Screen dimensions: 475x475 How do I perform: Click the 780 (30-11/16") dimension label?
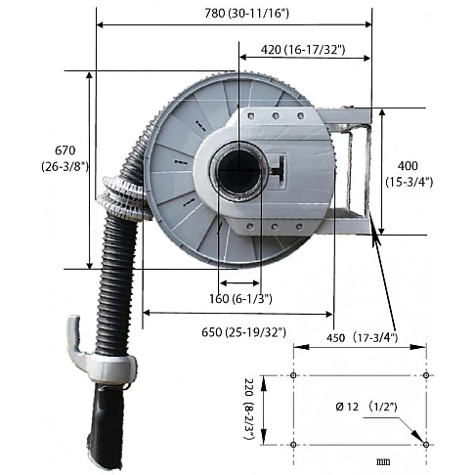click(246, 14)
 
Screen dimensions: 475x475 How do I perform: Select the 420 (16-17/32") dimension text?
click(303, 50)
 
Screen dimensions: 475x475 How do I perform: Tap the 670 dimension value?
click(65, 151)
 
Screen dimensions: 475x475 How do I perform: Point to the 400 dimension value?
click(408, 166)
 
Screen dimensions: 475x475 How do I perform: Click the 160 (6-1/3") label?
click(240, 298)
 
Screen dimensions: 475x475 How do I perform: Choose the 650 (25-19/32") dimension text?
click(243, 332)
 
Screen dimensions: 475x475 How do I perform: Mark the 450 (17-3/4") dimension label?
click(362, 338)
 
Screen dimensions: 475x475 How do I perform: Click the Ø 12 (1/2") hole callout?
click(367, 407)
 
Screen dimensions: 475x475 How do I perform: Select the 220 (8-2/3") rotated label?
click(249, 410)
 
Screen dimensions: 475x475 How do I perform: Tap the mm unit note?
click(383, 461)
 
